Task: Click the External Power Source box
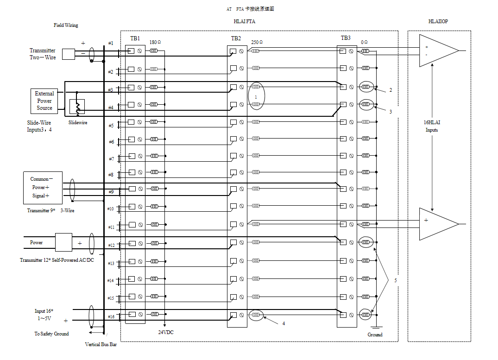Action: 44,101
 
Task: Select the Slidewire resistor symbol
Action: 77,107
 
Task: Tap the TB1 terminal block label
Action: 135,38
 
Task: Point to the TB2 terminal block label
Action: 236,38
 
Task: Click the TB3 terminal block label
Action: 346,38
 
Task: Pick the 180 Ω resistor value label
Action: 155,43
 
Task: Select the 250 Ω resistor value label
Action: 257,42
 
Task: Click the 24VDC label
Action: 165,332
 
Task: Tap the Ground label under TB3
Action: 375,335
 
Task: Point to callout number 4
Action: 284,323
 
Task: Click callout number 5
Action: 395,280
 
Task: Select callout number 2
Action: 391,90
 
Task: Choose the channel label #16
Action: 110,316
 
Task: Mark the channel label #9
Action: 111,192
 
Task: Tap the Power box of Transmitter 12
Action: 63,242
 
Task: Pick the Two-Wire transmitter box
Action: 68,54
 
